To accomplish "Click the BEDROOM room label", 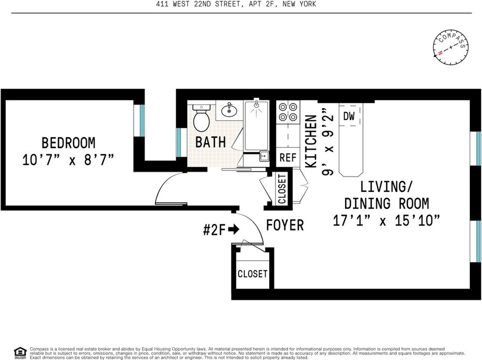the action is pos(69,143).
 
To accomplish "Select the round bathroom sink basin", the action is pos(229,110).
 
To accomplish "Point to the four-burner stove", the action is pos(288,112).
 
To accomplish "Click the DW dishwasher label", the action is pos(349,116).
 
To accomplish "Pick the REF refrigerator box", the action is pos(288,157).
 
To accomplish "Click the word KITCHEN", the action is pos(311,141).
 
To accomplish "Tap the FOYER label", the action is pos(285,225).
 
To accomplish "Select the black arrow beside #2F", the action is pos(234,229).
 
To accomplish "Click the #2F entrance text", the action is pos(214,230).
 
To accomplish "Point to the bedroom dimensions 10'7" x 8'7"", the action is pos(68,160).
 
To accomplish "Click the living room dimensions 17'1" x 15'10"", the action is pos(386,221).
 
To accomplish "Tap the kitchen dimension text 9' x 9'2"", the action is pos(328,142).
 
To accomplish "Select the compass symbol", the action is pos(451,47).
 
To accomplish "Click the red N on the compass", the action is pos(440,53).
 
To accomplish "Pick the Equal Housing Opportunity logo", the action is pos(20,353).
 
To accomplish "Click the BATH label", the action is pos(210,142).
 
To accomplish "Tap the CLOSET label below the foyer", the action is pos(253,274).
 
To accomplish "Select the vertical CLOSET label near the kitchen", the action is pos(282,189).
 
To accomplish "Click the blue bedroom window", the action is pos(142,121).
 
